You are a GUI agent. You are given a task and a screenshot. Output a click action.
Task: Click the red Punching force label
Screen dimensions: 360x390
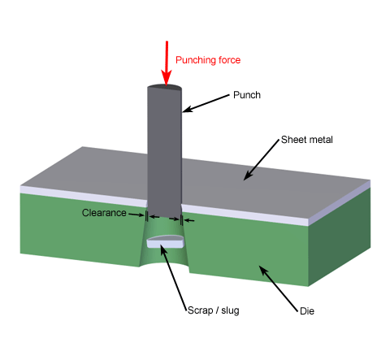(208, 59)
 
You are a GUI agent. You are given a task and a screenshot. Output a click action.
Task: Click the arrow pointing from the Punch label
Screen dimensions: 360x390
(206, 102)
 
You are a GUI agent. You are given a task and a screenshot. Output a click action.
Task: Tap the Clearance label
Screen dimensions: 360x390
(104, 213)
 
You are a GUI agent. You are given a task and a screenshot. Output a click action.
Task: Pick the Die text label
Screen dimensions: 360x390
(305, 310)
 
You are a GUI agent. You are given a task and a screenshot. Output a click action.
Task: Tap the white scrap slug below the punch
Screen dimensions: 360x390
(165, 241)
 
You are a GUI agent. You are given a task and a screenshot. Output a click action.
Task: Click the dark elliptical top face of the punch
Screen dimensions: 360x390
(165, 89)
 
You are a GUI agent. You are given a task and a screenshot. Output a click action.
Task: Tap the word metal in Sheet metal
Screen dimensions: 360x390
(320, 139)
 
